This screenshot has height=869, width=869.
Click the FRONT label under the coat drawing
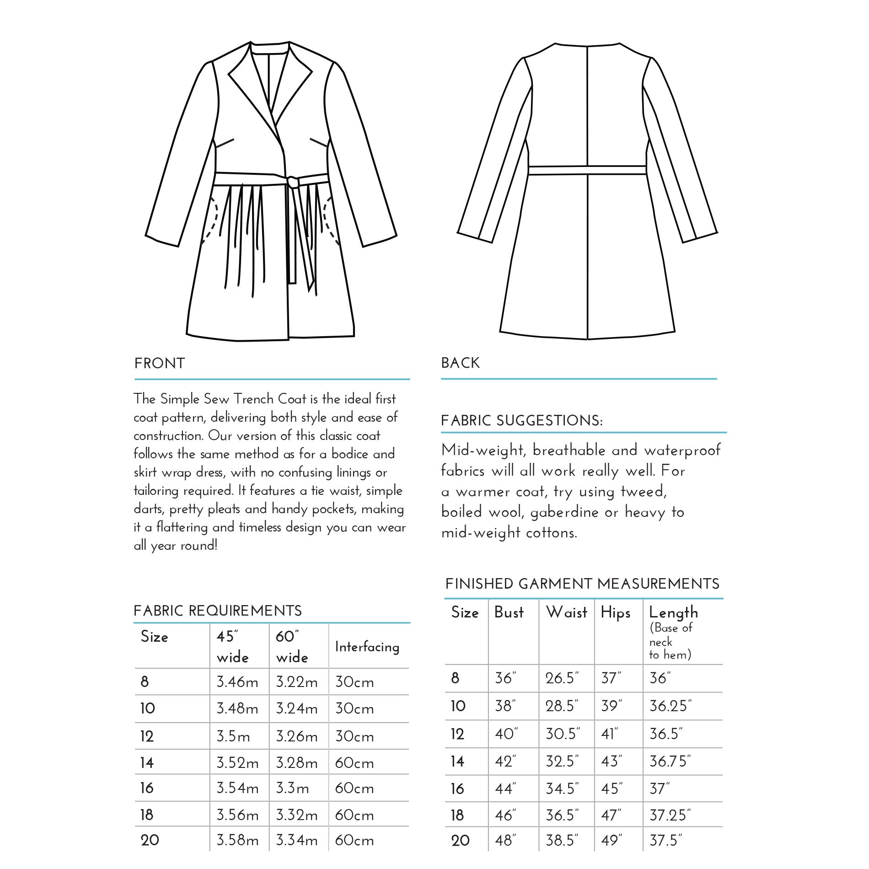[160, 364]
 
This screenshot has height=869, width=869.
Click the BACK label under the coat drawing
[460, 363]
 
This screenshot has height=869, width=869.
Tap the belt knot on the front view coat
[293, 182]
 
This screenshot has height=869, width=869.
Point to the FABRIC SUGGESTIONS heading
[521, 421]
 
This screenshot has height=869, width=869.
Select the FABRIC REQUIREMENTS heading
[218, 611]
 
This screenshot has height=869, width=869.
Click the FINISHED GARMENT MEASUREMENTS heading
[582, 584]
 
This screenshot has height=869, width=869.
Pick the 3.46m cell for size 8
[237, 682]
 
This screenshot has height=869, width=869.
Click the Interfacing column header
[367, 647]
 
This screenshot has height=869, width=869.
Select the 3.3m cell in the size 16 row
[292, 789]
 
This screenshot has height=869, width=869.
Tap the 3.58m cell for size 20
[237, 841]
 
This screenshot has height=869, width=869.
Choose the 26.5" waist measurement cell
[562, 678]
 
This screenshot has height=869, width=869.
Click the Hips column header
[615, 613]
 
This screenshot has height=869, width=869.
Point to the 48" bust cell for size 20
[505, 841]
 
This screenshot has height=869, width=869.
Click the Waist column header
[566, 612]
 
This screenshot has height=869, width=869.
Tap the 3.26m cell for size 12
[296, 736]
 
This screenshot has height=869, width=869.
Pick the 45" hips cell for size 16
[612, 789]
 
